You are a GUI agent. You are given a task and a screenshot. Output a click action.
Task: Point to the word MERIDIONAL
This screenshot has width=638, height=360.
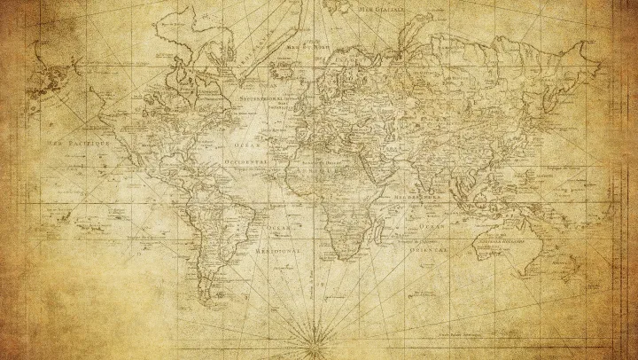pyautogui.click(x=278, y=251)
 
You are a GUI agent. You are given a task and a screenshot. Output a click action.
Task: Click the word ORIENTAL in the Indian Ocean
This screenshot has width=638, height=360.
pyautogui.click(x=428, y=251)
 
